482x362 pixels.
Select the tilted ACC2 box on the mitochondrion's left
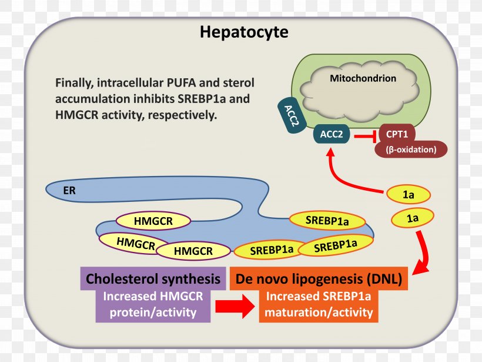tap(289, 112)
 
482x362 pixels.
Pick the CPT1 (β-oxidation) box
tap(410, 141)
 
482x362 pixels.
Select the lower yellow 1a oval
tap(413, 218)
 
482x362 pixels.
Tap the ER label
tap(69, 190)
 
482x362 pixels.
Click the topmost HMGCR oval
tap(153, 221)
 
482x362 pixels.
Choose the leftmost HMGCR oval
tap(135, 241)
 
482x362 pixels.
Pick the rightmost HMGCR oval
tap(193, 251)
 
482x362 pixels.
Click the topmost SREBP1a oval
tap(327, 221)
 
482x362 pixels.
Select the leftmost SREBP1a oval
tap(271, 250)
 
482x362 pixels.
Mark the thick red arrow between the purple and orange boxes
tap(236, 307)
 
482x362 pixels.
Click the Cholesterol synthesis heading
tap(153, 279)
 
